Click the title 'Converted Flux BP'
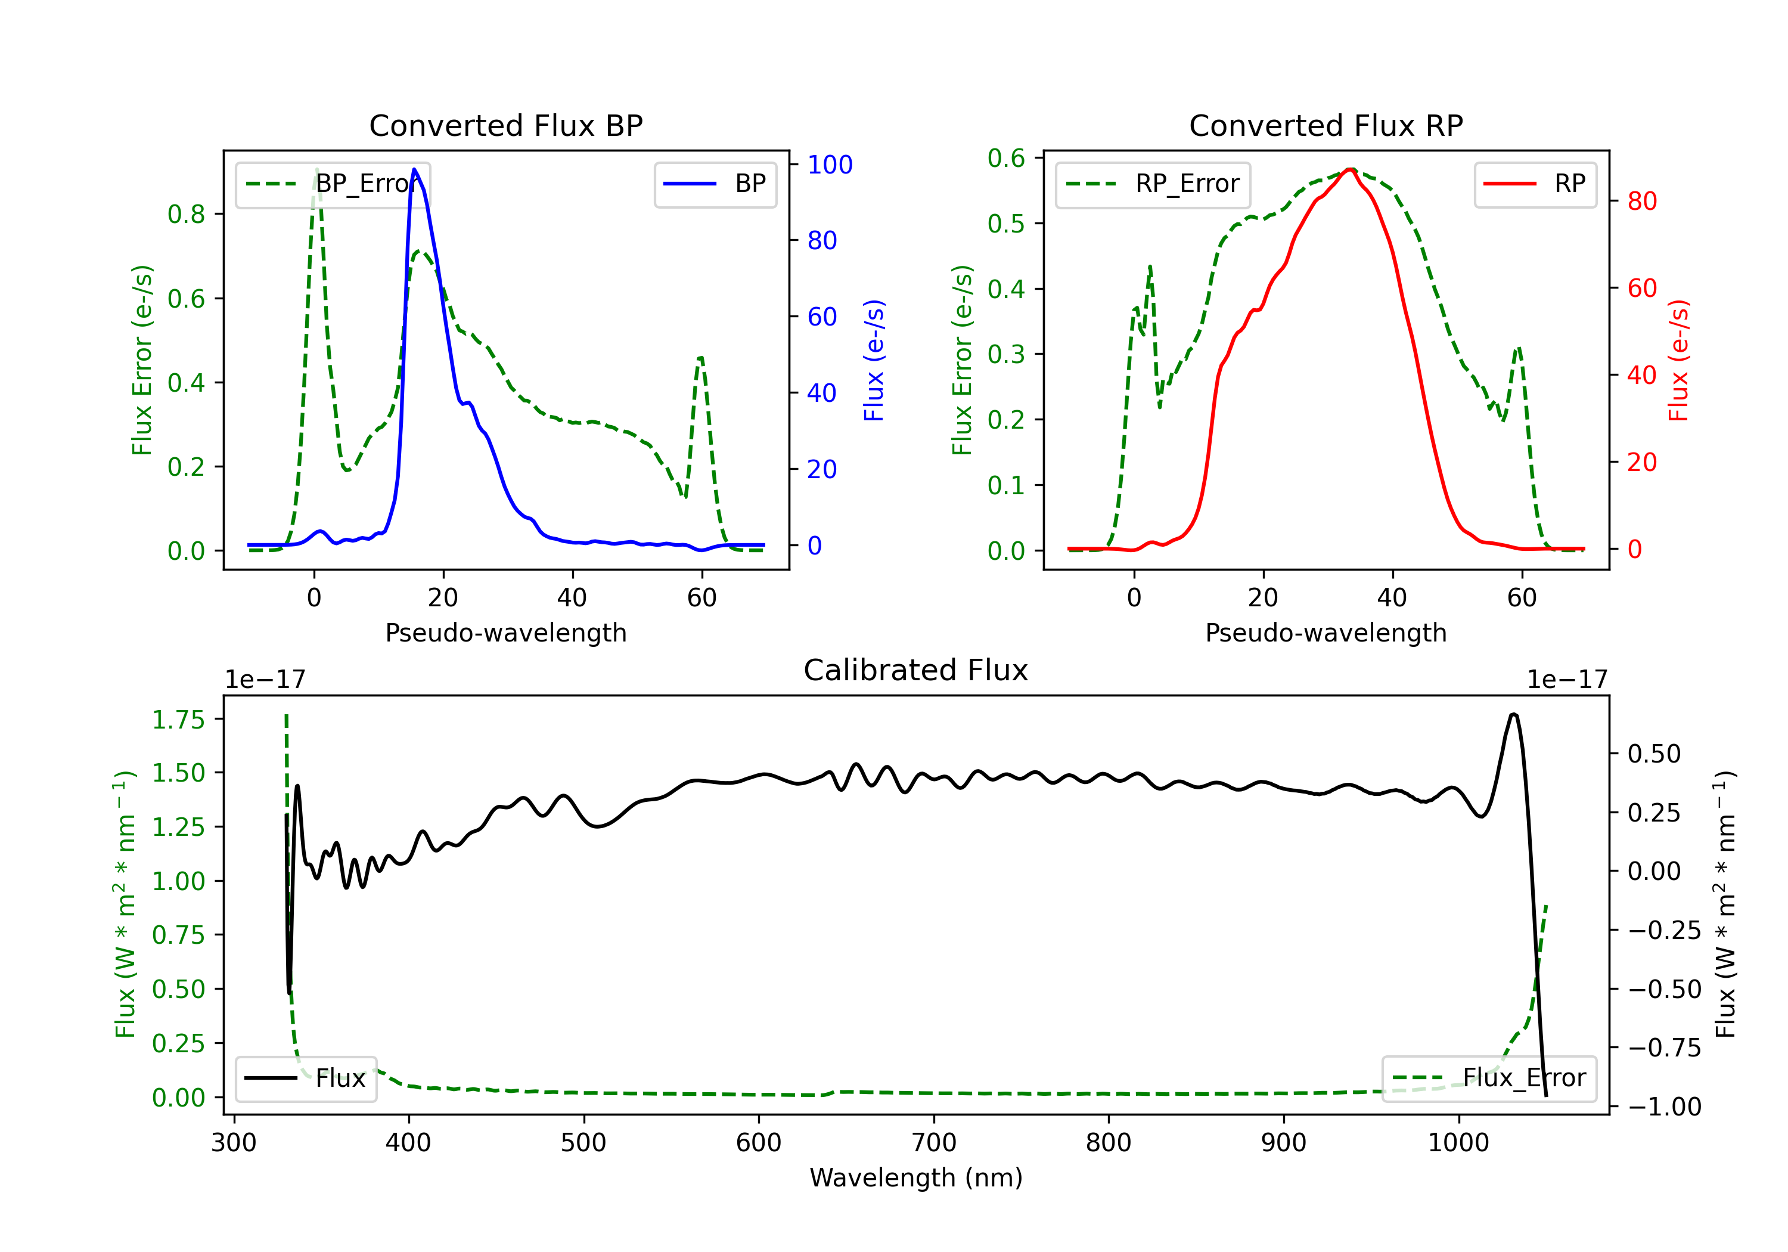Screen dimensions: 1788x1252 point(505,125)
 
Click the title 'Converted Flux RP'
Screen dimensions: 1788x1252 point(1326,125)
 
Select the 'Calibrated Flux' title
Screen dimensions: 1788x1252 point(916,670)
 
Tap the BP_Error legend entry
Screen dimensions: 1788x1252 point(333,184)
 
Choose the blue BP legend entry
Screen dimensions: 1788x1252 point(715,184)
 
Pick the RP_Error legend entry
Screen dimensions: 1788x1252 point(1153,184)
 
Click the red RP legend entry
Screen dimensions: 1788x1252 point(1534,184)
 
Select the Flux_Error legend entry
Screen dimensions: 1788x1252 point(1489,1079)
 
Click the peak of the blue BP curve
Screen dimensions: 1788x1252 point(414,169)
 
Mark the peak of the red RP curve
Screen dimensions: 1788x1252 point(1351,169)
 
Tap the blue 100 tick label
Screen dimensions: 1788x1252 point(830,165)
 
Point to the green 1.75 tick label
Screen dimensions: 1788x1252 point(178,719)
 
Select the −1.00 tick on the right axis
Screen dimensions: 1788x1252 point(1664,1107)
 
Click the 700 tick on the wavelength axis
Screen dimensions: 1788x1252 point(934,1143)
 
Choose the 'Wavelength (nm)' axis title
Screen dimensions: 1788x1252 point(916,1178)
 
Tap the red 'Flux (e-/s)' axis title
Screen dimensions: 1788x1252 point(1679,360)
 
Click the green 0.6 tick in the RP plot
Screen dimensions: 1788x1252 point(1006,158)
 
